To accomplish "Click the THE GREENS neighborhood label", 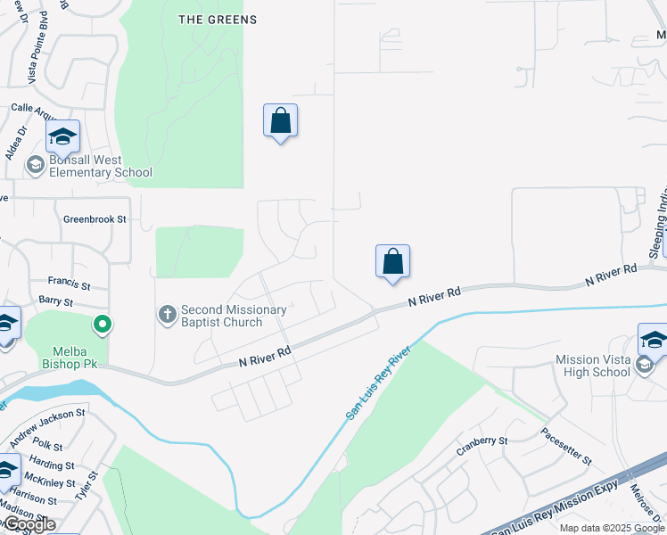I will (x=218, y=20).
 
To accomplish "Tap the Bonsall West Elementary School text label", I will (x=101, y=167).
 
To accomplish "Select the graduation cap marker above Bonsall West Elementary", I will (x=62, y=137).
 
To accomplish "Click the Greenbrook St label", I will (x=95, y=218).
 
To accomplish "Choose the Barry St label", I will (x=56, y=302).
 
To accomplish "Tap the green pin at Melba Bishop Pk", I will (x=103, y=325).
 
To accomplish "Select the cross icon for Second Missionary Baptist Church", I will (x=166, y=314).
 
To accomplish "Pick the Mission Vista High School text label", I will (x=592, y=366).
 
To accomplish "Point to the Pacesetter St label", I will (x=566, y=446).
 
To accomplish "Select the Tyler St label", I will (x=93, y=485).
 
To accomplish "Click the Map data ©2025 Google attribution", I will (x=612, y=528).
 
